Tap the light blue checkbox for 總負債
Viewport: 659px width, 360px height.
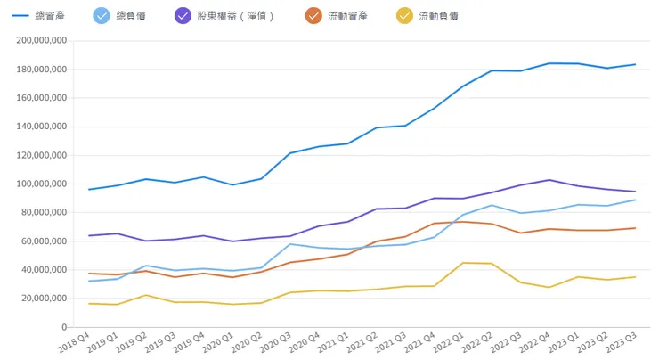point(102,15)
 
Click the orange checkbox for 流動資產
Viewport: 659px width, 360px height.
point(313,15)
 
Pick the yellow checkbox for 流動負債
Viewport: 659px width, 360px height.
point(404,15)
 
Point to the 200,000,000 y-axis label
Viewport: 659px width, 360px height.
point(41,41)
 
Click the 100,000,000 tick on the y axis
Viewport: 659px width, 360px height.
point(41,184)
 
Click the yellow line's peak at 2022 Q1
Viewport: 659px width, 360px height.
point(462,263)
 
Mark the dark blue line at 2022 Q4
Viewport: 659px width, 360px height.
point(549,63)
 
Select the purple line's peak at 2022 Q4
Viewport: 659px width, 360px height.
point(549,180)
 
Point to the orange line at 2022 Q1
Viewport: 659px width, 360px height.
point(462,221)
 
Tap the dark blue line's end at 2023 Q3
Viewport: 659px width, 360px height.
point(635,64)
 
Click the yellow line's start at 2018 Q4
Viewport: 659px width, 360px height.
point(89,304)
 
